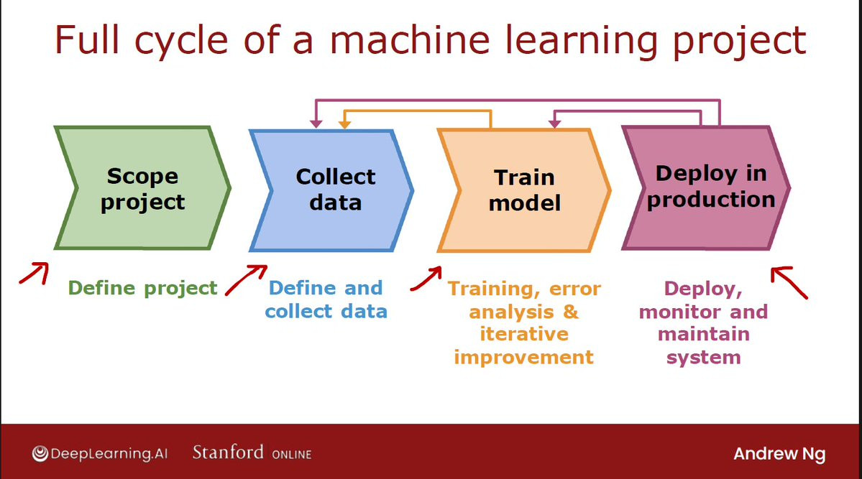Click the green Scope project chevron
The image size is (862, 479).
point(142,188)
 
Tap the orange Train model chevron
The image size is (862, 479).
point(523,190)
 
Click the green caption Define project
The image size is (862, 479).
point(142,288)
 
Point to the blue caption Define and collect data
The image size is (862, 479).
point(326,299)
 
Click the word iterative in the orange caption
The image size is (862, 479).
point(523,334)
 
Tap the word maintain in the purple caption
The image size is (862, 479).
point(703,334)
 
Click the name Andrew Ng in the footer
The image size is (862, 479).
point(779,454)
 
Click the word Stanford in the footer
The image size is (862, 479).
point(228,452)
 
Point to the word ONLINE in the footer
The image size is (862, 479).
point(291,455)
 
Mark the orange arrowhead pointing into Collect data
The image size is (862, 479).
point(344,125)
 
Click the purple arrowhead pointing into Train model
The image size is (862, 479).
point(554,125)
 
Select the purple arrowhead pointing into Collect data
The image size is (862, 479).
point(315,125)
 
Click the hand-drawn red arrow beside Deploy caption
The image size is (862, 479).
point(789,283)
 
